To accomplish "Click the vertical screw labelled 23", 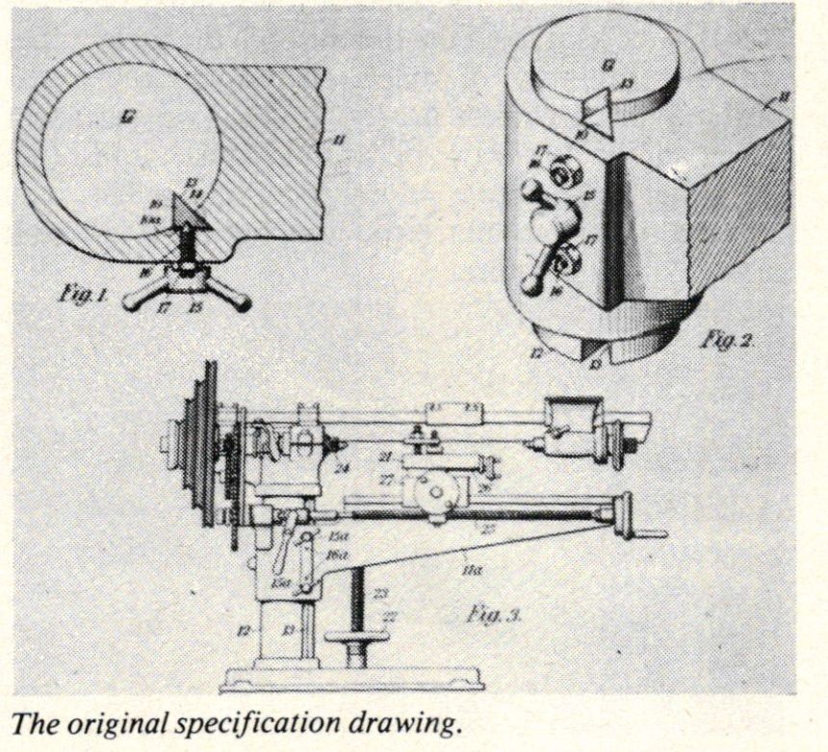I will tap(359, 607).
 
